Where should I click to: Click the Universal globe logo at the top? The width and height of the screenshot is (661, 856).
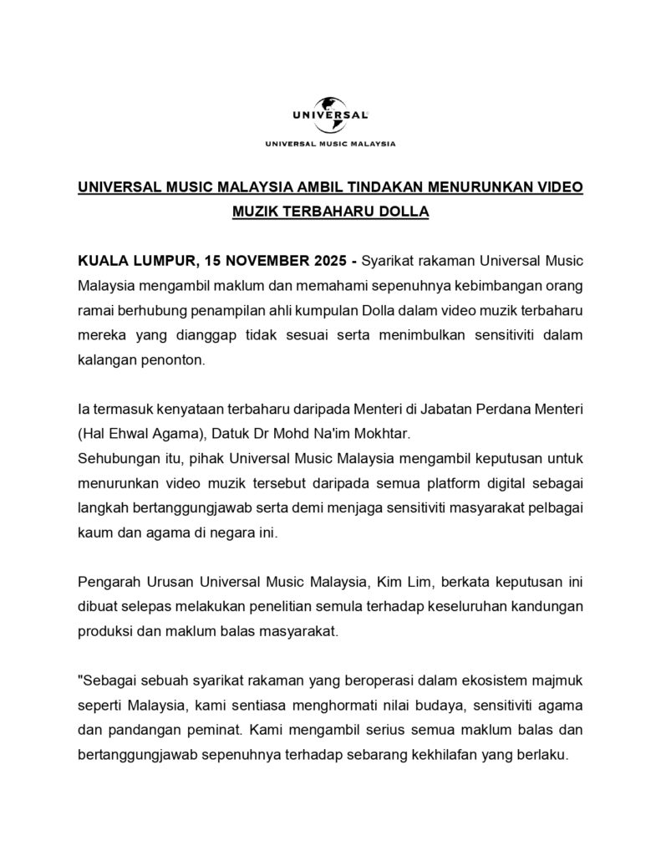(x=331, y=112)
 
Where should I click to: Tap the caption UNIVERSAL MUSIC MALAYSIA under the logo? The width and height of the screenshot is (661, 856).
(x=331, y=143)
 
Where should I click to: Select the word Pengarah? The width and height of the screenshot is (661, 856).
(x=106, y=580)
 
